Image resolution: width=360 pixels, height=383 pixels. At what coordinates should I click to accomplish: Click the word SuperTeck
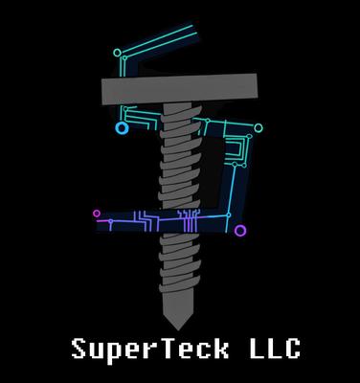coord(148,349)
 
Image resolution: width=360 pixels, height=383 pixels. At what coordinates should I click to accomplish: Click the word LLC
coord(269,349)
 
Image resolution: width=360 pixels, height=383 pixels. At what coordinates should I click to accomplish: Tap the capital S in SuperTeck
coord(80,349)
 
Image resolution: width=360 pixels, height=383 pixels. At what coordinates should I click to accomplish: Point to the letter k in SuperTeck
coord(217,349)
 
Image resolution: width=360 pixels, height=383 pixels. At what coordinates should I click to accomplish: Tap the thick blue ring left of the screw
coord(122,127)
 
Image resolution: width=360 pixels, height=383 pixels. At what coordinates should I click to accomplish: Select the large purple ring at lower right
coord(240,231)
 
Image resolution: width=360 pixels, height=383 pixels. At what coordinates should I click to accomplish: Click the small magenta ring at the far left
coord(96,214)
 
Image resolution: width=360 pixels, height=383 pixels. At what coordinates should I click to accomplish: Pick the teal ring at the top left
coord(117,53)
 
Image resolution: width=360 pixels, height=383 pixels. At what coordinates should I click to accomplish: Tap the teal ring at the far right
coord(258,128)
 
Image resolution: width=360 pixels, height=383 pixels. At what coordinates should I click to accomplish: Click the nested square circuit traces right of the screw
coord(236,153)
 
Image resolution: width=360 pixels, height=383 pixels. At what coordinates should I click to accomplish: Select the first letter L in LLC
coord(248,349)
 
